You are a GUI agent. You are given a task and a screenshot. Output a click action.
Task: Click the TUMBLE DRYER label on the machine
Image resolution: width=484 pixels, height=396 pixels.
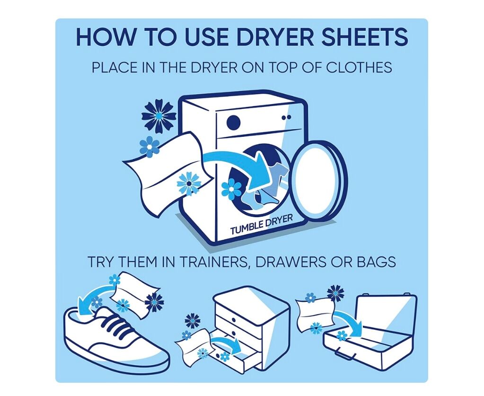coord(261,225)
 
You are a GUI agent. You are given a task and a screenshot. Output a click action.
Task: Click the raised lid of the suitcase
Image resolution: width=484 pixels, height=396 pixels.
coord(386,315)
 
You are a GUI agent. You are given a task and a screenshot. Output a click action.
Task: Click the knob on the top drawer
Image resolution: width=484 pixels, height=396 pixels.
coord(234,320)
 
